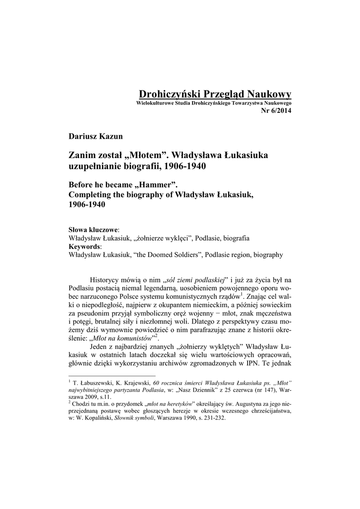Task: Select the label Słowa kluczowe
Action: (x=92, y=230)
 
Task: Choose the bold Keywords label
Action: (x=84, y=247)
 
